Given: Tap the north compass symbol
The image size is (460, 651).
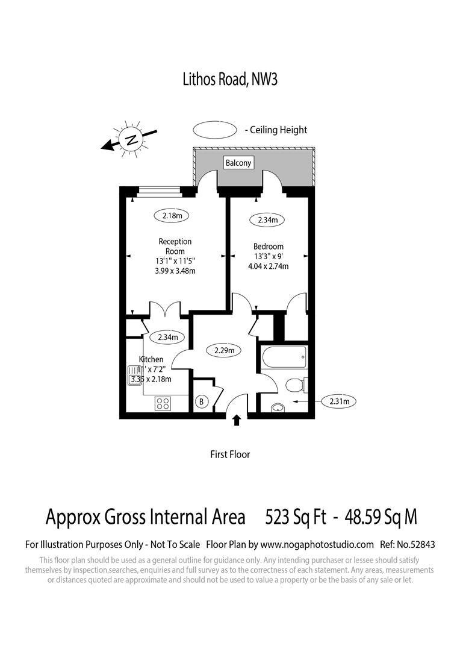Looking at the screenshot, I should tap(130, 140).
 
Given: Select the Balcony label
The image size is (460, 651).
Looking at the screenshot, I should tap(238, 163).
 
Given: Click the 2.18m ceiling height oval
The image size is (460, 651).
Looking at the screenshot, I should tap(172, 215).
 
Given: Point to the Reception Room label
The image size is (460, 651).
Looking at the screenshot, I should tap(175, 247).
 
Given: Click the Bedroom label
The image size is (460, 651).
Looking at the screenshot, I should tap(268, 247).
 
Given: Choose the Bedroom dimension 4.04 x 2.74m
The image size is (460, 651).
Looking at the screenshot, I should tap(268, 266).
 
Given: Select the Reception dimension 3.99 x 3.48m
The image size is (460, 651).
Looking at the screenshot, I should tap(175, 271).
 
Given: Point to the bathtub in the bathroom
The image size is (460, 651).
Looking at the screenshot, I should tap(283, 359).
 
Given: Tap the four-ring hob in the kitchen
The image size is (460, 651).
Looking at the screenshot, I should tap(163, 403).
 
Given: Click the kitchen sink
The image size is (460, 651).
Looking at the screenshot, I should tap(134, 376).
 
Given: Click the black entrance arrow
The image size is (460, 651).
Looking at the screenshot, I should tap(237, 420).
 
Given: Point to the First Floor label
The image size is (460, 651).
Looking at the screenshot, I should tap(230, 454).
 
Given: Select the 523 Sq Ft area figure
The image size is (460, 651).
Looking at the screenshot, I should tap(296, 517).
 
